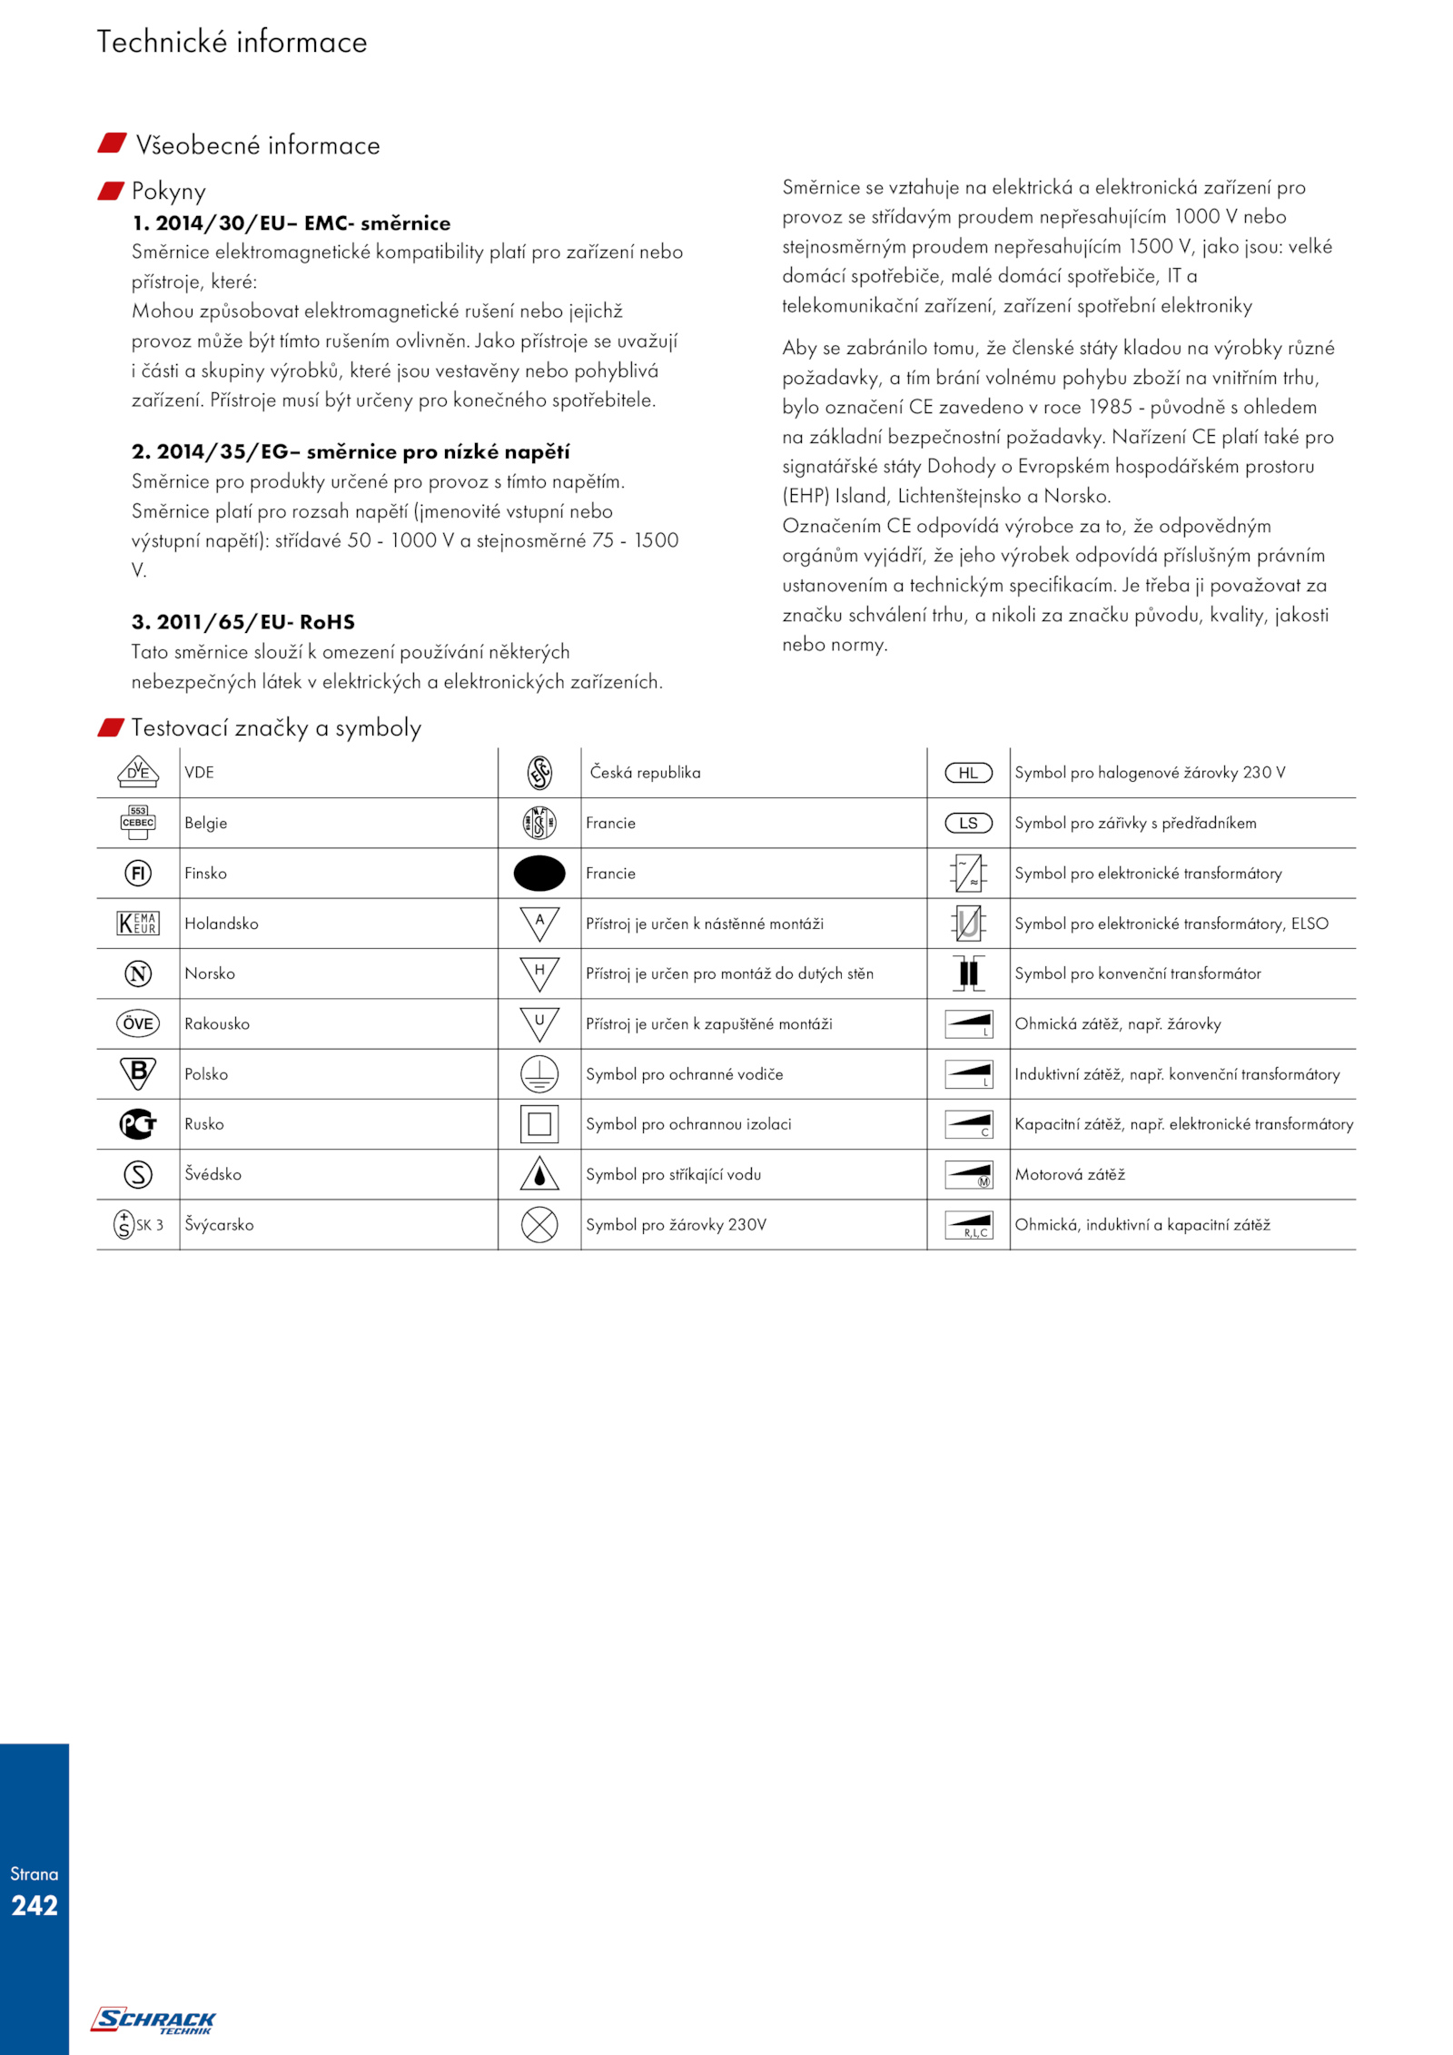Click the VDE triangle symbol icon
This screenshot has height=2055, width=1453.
pyautogui.click(x=138, y=772)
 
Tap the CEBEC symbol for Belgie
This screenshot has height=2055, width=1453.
pyautogui.click(x=138, y=822)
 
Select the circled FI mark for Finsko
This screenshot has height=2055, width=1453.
pyautogui.click(x=138, y=873)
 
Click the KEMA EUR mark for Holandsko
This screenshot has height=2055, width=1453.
pyautogui.click(x=138, y=923)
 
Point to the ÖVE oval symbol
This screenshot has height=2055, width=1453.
pyautogui.click(x=138, y=1023)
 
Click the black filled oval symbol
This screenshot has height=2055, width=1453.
pyautogui.click(x=539, y=873)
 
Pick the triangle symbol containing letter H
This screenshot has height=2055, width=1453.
pyautogui.click(x=539, y=973)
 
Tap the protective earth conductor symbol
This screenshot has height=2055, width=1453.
pyautogui.click(x=539, y=1073)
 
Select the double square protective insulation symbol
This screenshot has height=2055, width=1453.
pyautogui.click(x=539, y=1123)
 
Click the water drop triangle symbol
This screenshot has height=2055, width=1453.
pyautogui.click(x=539, y=1173)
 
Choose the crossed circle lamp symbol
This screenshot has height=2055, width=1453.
pyautogui.click(x=539, y=1224)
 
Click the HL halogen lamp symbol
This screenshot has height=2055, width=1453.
pyautogui.click(x=969, y=773)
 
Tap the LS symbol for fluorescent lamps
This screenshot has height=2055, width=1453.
pyautogui.click(x=969, y=823)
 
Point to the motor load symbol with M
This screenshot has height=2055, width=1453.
pyautogui.click(x=969, y=1174)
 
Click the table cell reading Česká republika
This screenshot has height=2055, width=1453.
pyautogui.click(x=646, y=773)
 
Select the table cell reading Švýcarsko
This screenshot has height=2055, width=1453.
pyautogui.click(x=219, y=1224)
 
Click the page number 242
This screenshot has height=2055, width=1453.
pyautogui.click(x=35, y=1905)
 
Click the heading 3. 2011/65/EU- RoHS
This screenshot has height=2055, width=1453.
pyautogui.click(x=243, y=622)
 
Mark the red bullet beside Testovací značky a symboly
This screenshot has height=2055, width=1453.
pyautogui.click(x=111, y=727)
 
